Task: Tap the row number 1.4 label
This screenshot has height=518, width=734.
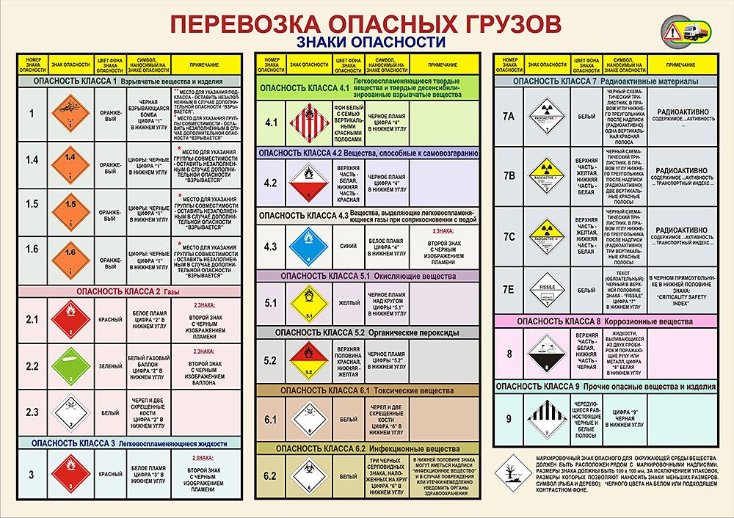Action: tap(32, 159)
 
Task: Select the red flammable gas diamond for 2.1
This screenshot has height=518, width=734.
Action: tap(71, 321)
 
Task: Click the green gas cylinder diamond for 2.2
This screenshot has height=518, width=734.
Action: tap(71, 365)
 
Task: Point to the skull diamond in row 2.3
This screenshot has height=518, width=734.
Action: tap(71, 412)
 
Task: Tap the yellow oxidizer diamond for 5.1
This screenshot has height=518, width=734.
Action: tap(305, 303)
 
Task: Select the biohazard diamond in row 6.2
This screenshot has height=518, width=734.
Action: tap(305, 475)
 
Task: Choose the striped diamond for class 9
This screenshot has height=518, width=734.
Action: tap(548, 419)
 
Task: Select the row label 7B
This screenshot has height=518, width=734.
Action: tap(509, 175)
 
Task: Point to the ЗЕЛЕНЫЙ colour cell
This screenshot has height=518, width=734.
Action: tap(109, 365)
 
